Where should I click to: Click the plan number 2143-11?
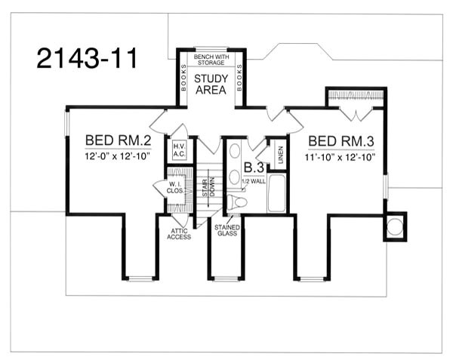click(87, 58)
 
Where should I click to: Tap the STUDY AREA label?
click(211, 85)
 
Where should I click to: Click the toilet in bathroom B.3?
click(238, 201)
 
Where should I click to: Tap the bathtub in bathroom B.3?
click(277, 194)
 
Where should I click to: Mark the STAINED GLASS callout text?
click(227, 230)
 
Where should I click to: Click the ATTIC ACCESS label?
click(178, 233)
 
